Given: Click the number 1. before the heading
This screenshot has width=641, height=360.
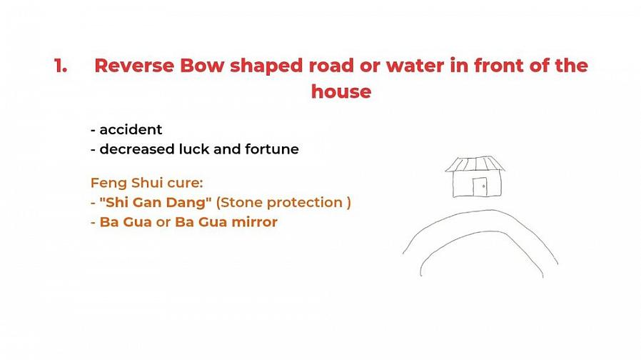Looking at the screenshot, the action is (x=61, y=66).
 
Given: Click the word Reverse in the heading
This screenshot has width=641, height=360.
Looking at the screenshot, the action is (x=134, y=66).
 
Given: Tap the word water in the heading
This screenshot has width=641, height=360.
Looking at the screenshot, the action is (x=415, y=66).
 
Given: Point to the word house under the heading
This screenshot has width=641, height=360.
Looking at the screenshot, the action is (x=341, y=91).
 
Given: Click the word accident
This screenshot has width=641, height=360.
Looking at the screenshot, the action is (x=131, y=130).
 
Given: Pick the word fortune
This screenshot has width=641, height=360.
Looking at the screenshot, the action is (x=272, y=149).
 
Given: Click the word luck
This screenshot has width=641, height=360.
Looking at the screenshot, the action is (x=194, y=149).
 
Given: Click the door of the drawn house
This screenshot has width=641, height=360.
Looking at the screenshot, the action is (x=480, y=187).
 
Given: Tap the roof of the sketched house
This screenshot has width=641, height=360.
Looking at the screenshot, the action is (x=475, y=164).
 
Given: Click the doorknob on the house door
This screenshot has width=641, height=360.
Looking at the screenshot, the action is (x=484, y=186).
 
